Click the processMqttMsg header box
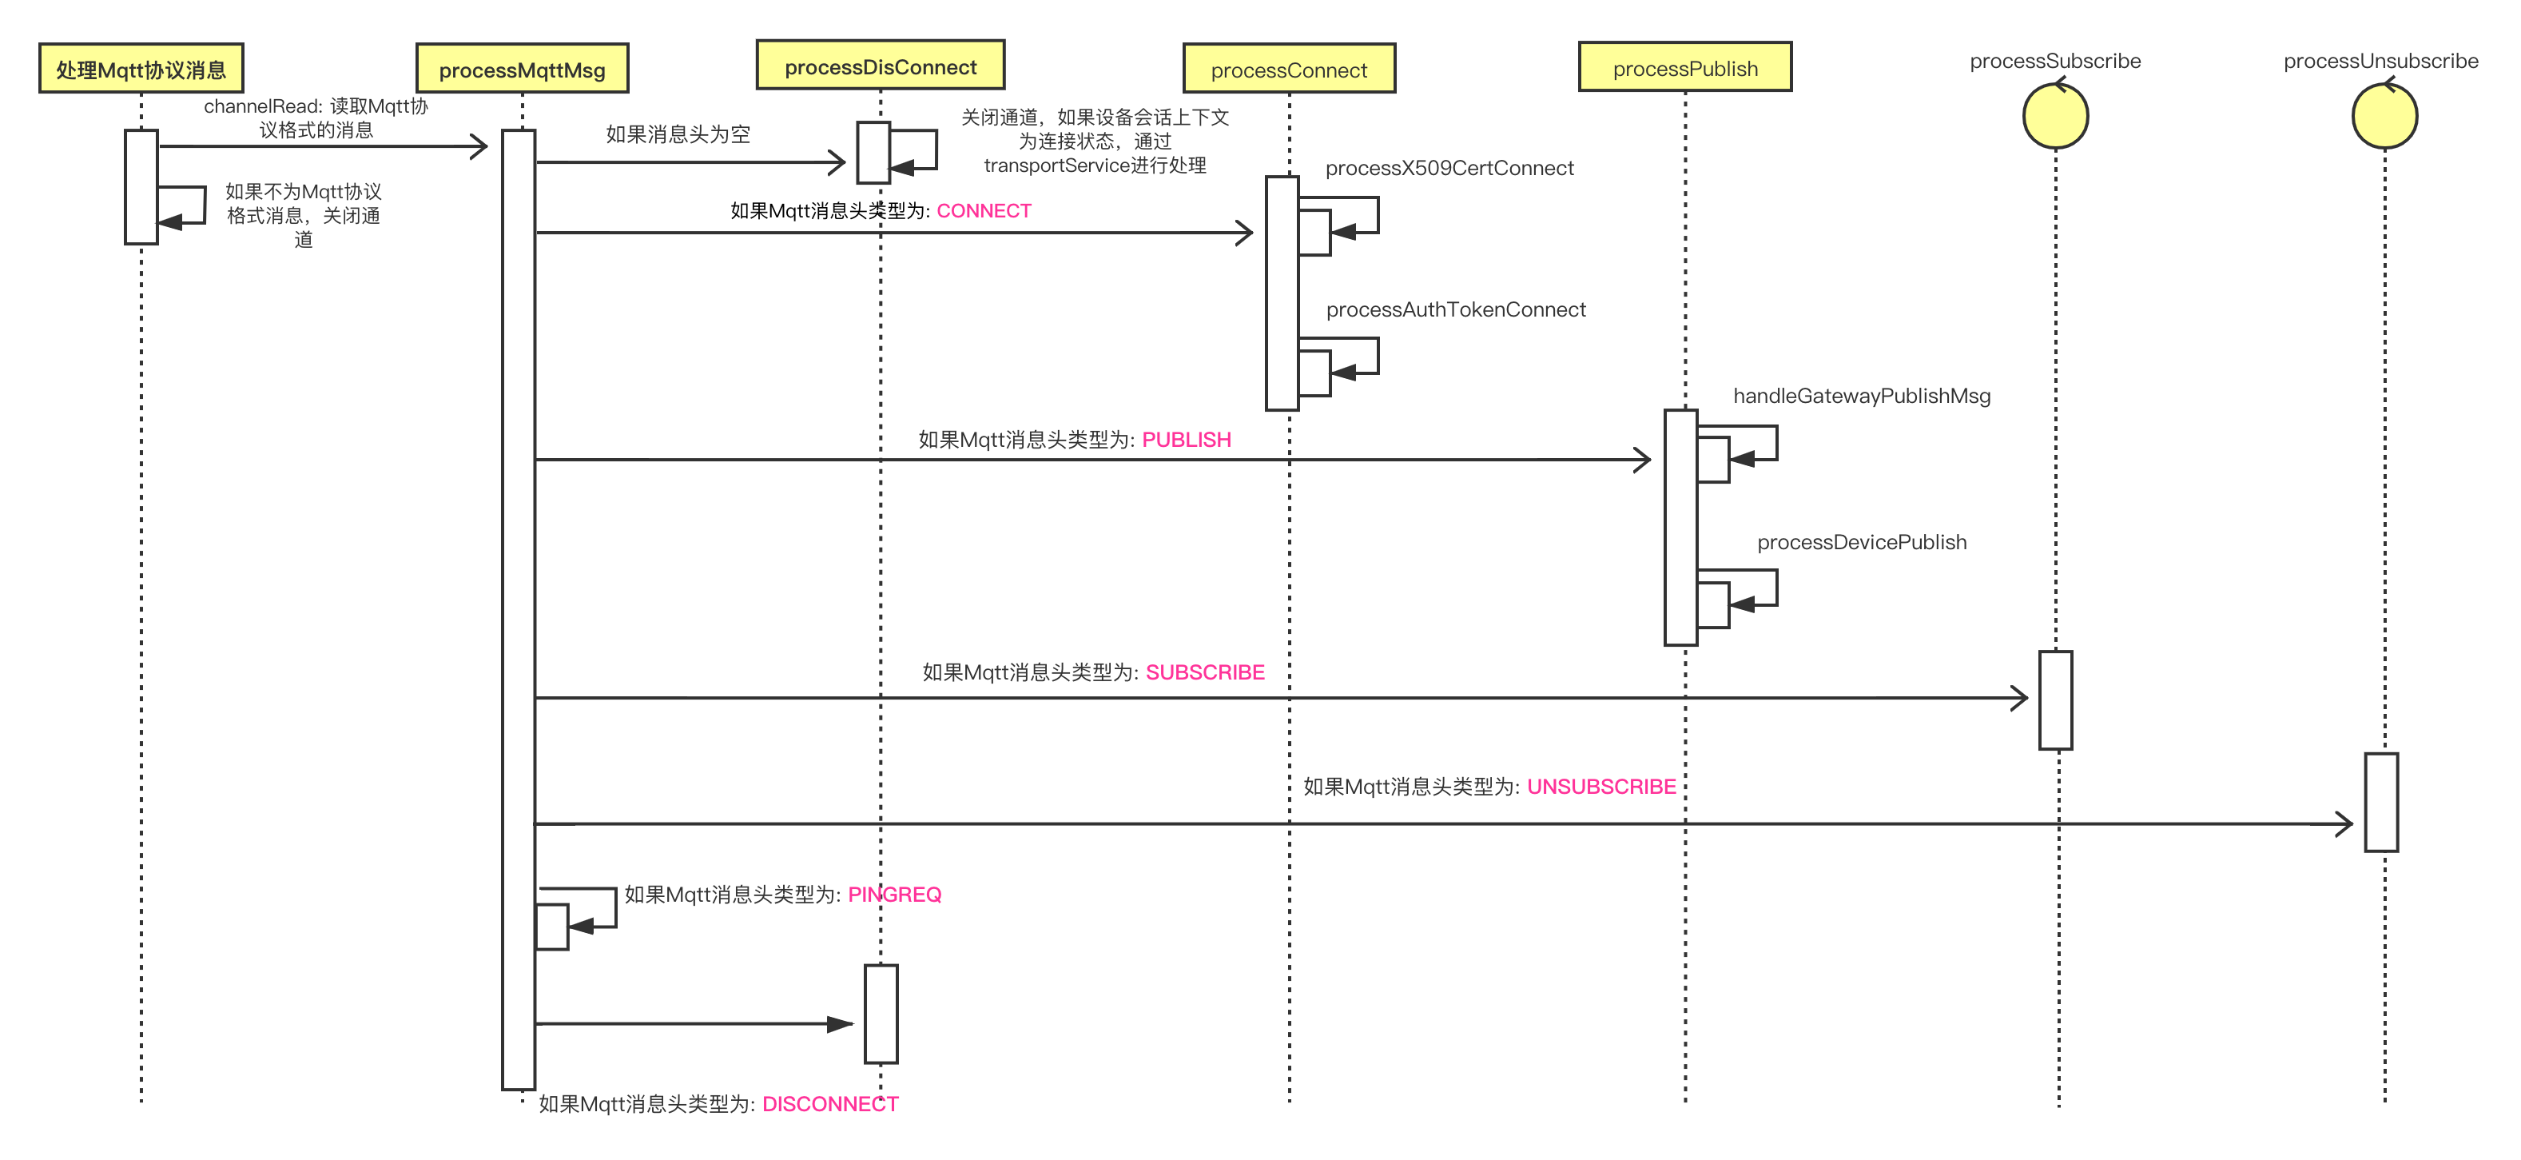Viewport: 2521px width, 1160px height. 523,69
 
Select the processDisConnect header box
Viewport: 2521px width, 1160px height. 881,66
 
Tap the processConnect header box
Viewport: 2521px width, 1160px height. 1289,69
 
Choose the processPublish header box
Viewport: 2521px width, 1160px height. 1685,67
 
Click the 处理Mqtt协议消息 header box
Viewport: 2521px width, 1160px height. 141,69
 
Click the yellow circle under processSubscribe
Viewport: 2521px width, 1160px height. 2055,115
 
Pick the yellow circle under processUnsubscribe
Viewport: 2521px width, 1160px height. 2385,115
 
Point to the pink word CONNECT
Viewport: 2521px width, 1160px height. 984,210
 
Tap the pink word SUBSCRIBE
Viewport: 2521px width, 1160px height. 1205,672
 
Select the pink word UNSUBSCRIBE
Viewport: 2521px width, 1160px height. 1601,787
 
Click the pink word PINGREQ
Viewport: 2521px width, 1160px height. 894,895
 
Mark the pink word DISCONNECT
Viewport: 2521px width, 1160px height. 830,1104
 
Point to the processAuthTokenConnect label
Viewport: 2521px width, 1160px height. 1455,309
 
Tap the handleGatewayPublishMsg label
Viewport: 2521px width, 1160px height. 1862,396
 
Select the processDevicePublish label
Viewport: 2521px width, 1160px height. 1862,542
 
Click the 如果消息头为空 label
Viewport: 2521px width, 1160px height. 678,134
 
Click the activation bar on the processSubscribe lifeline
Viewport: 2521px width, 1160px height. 2055,700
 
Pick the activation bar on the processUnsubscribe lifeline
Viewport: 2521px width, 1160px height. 2381,803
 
